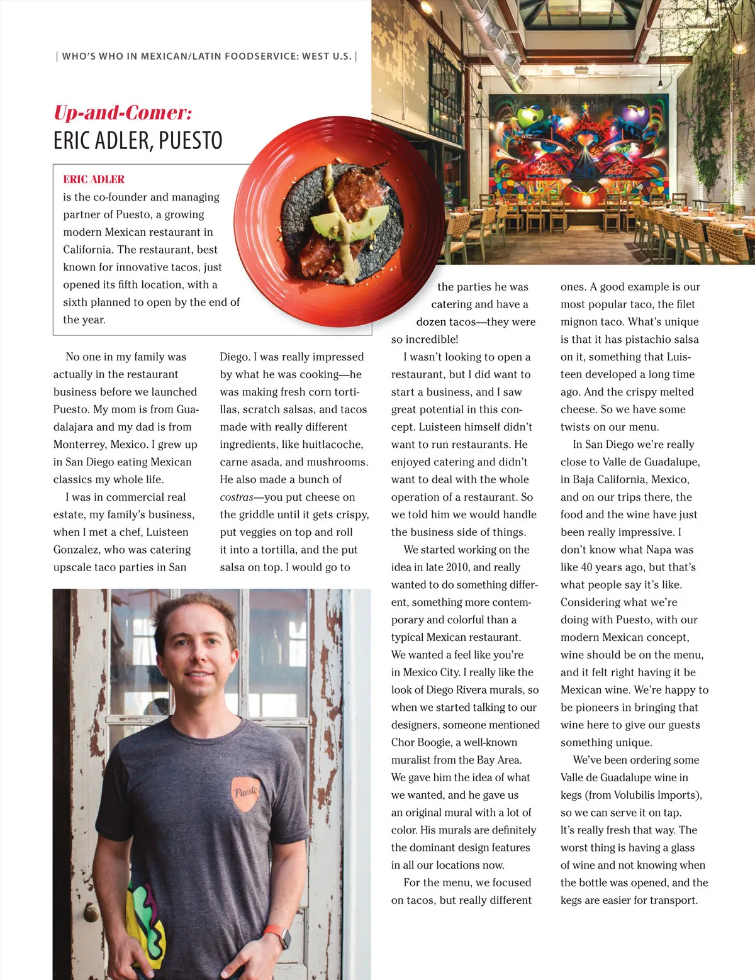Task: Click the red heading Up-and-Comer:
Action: click(123, 113)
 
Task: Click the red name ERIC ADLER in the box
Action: click(94, 179)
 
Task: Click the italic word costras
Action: click(237, 497)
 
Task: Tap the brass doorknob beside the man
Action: click(91, 912)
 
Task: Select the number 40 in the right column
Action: click(586, 567)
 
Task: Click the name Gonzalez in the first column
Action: click(77, 550)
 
